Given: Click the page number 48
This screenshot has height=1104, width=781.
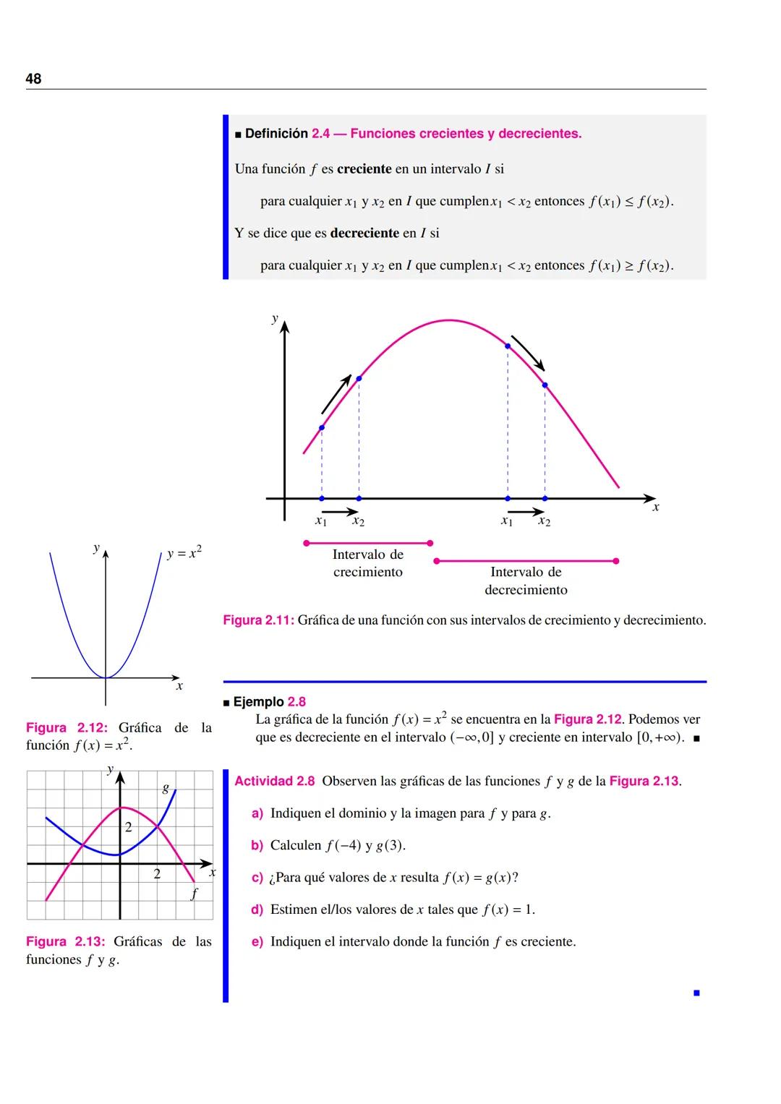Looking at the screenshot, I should [x=33, y=79].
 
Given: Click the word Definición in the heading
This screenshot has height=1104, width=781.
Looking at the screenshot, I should [x=276, y=134].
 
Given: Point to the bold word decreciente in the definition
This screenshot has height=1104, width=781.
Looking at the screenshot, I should [x=364, y=234].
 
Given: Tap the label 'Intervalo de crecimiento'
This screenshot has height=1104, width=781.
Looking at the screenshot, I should [x=367, y=563].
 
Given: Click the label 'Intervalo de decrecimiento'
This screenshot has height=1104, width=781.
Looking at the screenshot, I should [x=526, y=581].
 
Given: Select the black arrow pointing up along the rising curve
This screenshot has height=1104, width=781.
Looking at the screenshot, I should [x=336, y=394].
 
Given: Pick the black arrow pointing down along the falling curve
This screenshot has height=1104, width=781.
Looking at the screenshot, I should [x=527, y=353].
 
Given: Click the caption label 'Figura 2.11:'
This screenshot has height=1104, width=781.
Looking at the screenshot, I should [x=258, y=620].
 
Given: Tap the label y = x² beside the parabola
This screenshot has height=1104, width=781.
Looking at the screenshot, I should [x=184, y=554].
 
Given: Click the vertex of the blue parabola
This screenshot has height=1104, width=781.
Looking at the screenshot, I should [x=106, y=677].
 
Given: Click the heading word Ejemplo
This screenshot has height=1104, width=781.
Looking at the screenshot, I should [x=258, y=702].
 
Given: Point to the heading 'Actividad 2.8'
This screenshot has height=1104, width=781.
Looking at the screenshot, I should [x=274, y=782].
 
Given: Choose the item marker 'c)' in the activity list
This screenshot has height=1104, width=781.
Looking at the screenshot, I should [x=257, y=878].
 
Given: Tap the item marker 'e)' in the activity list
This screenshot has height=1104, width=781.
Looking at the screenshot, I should [x=257, y=942].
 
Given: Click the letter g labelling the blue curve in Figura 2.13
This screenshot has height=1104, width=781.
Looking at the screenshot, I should [x=166, y=788].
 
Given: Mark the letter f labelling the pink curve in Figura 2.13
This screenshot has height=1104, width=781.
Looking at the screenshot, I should [x=194, y=894].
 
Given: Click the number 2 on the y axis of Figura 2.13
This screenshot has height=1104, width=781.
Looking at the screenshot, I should [x=129, y=827].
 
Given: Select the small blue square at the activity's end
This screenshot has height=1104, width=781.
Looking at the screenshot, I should [x=696, y=993].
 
